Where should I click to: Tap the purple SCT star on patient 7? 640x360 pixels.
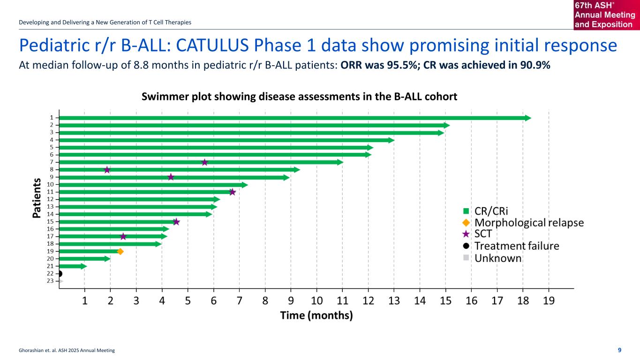coord(204,162)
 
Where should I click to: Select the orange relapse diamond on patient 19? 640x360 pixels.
coord(120,251)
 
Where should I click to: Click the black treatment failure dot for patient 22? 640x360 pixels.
coord(60,273)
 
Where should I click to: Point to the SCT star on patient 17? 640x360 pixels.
coord(123,236)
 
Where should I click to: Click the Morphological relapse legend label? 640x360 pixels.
coord(529,222)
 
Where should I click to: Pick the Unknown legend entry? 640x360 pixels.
coord(497,258)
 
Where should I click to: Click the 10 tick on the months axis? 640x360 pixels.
coord(317,301)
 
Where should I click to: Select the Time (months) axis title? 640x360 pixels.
coord(316,315)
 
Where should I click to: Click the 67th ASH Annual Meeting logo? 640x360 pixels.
coord(606,15)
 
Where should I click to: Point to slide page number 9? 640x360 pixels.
coord(620,350)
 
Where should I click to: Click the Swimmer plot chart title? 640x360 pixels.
coord(299,96)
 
